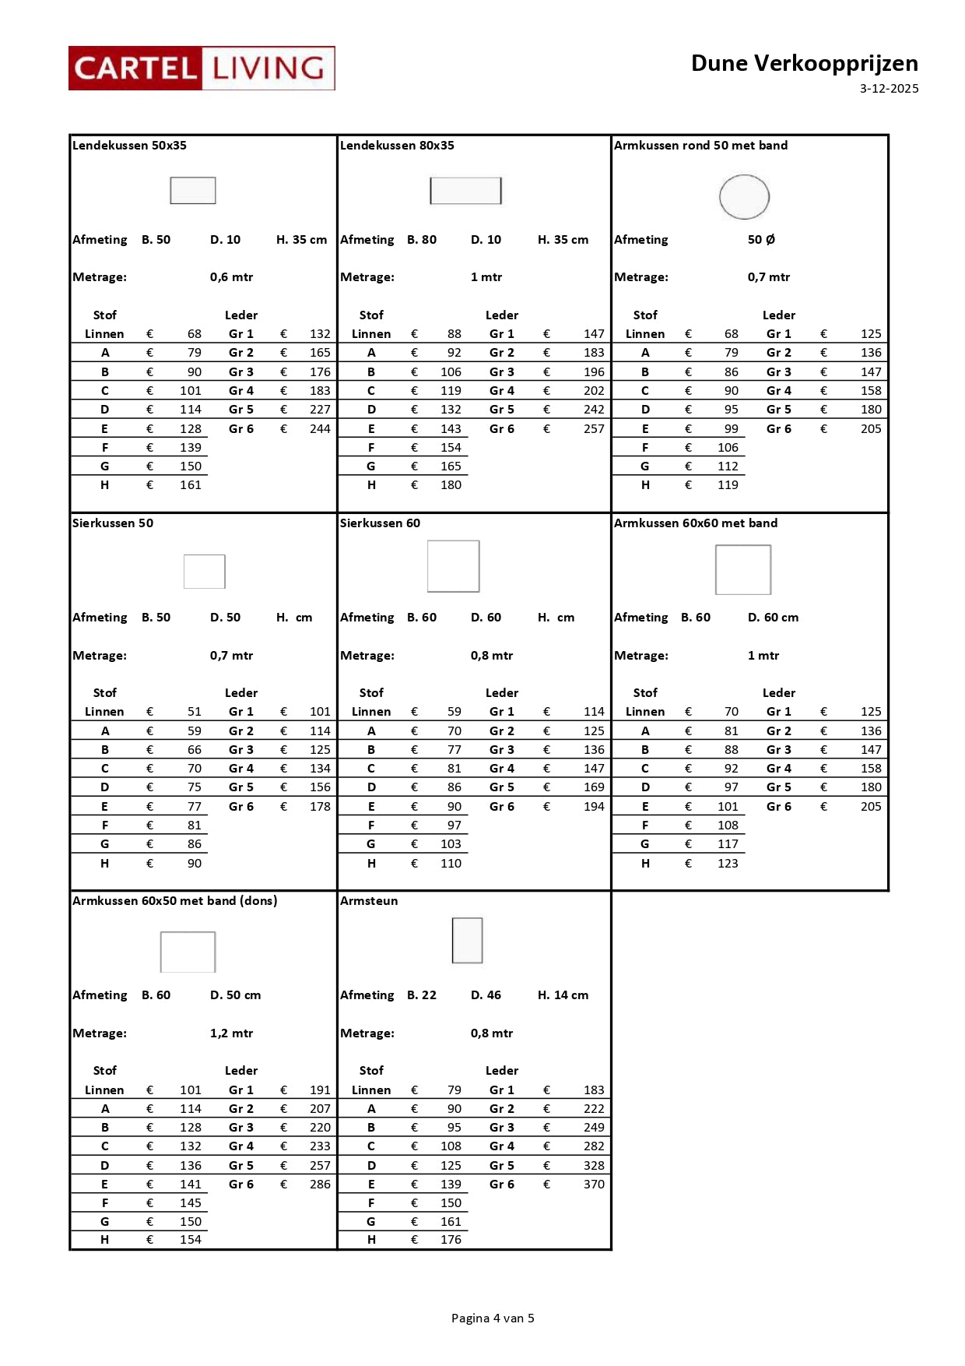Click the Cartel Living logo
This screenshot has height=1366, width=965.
pyautogui.click(x=202, y=69)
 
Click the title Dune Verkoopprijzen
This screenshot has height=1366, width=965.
pyautogui.click(x=804, y=63)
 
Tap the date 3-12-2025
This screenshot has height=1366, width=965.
pyautogui.click(x=889, y=89)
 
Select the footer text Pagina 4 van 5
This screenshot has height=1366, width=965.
pyautogui.click(x=493, y=1318)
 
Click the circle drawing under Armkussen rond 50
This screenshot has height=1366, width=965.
pyautogui.click(x=744, y=197)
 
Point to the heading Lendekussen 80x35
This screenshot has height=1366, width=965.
pyautogui.click(x=397, y=146)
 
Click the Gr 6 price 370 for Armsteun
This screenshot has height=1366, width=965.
pyautogui.click(x=594, y=1184)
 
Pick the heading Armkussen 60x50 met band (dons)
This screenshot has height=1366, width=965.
pyautogui.click(x=174, y=901)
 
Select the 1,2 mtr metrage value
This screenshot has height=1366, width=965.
pyautogui.click(x=231, y=1033)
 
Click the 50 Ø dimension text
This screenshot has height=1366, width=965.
pyautogui.click(x=761, y=240)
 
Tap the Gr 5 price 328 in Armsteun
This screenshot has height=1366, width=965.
pyautogui.click(x=594, y=1165)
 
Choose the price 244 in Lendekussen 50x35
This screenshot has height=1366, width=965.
pyautogui.click(x=320, y=428)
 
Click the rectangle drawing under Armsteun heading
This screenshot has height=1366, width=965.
pyautogui.click(x=467, y=940)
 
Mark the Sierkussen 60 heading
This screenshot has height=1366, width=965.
pyautogui.click(x=380, y=523)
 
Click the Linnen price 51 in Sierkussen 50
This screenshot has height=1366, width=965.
pyautogui.click(x=194, y=712)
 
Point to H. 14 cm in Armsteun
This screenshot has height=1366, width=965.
pyautogui.click(x=563, y=995)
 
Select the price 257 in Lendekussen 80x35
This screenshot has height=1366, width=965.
pyautogui.click(x=594, y=428)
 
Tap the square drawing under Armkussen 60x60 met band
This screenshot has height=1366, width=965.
pyautogui.click(x=743, y=569)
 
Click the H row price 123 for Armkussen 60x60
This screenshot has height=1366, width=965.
pyautogui.click(x=728, y=863)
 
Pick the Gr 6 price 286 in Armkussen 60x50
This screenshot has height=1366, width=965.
pyautogui.click(x=320, y=1184)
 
